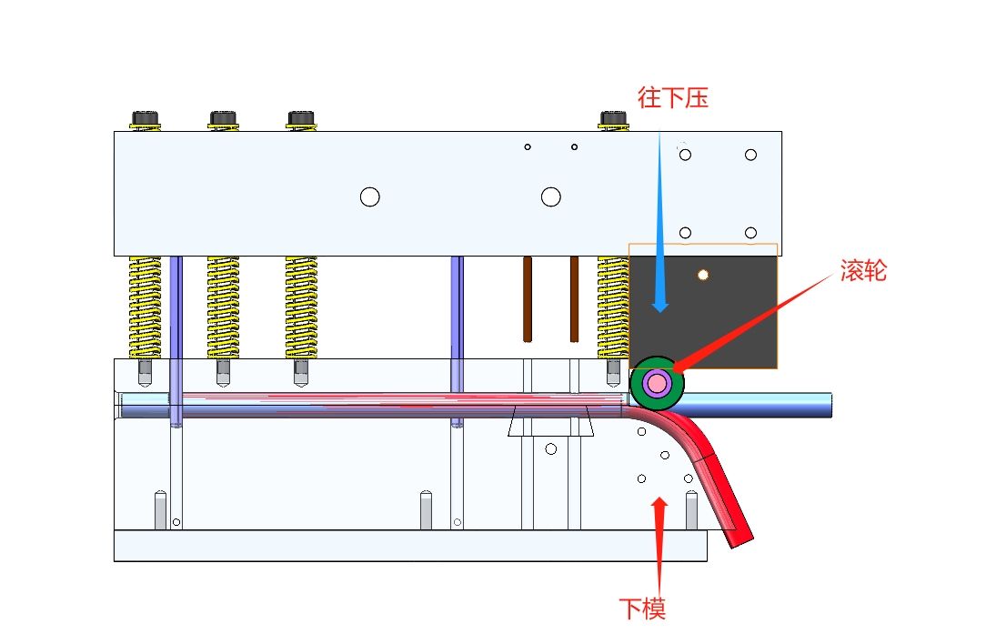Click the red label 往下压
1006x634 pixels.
coord(673,97)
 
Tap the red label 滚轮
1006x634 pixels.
coord(862,270)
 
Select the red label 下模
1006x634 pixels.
coord(642,608)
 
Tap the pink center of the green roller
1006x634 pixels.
coord(657,384)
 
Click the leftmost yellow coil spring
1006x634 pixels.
coord(146,307)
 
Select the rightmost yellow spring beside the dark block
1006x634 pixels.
coord(612,307)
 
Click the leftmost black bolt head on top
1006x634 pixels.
coord(146,118)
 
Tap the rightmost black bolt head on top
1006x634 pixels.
coord(613,118)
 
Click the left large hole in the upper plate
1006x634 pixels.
coord(369,196)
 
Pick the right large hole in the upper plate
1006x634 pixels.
coord(550,196)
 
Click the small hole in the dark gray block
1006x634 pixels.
coord(702,274)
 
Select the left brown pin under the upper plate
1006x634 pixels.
coord(528,298)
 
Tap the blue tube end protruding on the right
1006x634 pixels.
coord(800,405)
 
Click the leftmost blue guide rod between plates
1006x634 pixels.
coord(176,337)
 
